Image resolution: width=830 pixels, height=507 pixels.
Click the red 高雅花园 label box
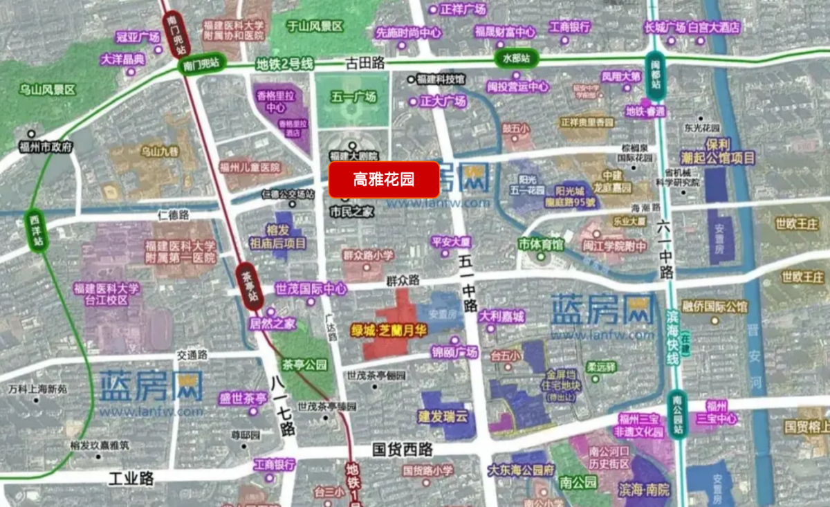tap(384, 180)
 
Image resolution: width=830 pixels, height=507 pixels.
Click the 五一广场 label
tap(353, 98)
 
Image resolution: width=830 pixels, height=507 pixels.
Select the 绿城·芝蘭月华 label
tap(389, 331)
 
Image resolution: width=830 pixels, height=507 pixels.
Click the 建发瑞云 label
tap(443, 417)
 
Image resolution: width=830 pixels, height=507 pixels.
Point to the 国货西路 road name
tap(402, 450)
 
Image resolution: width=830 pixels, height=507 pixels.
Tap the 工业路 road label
tap(131, 478)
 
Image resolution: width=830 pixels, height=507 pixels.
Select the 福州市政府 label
tap(46, 147)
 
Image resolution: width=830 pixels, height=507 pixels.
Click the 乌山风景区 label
tap(47, 90)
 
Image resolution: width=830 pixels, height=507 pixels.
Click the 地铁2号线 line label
tap(284, 64)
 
